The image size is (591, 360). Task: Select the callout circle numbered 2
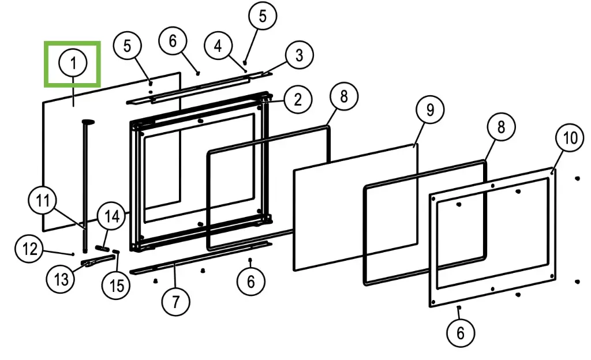(x=297, y=99)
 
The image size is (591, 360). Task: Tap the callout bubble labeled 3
(x=298, y=56)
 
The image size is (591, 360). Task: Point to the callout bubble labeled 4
(x=218, y=46)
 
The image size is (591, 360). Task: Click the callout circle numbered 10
(x=570, y=138)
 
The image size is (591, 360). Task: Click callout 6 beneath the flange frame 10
(x=461, y=332)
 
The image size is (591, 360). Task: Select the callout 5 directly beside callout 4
(x=263, y=16)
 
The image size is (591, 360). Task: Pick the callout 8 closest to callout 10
(x=500, y=126)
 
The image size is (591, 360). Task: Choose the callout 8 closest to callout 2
(x=343, y=96)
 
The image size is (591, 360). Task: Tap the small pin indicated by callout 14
(x=103, y=247)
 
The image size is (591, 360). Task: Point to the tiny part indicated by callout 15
(x=116, y=252)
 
